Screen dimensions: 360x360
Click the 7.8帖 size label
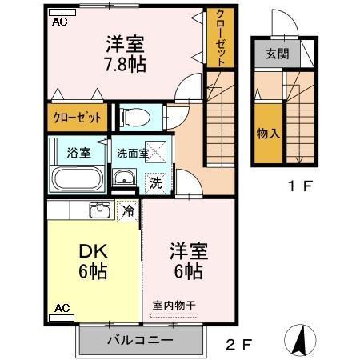pos(124,65)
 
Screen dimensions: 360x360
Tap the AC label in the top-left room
pos(59,22)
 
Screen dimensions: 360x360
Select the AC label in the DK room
pos(61,308)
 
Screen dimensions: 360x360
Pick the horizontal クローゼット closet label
pos(78,118)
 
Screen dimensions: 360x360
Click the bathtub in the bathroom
pos(77,179)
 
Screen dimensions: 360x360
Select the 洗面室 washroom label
pos(132,152)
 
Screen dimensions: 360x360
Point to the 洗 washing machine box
pos(157,182)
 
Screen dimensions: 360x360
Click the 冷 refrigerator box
pos(127,210)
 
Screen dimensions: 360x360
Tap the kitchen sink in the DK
pos(100,210)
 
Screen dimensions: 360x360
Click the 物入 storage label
pos(268,132)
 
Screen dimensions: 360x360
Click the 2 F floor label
pos(238,346)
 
